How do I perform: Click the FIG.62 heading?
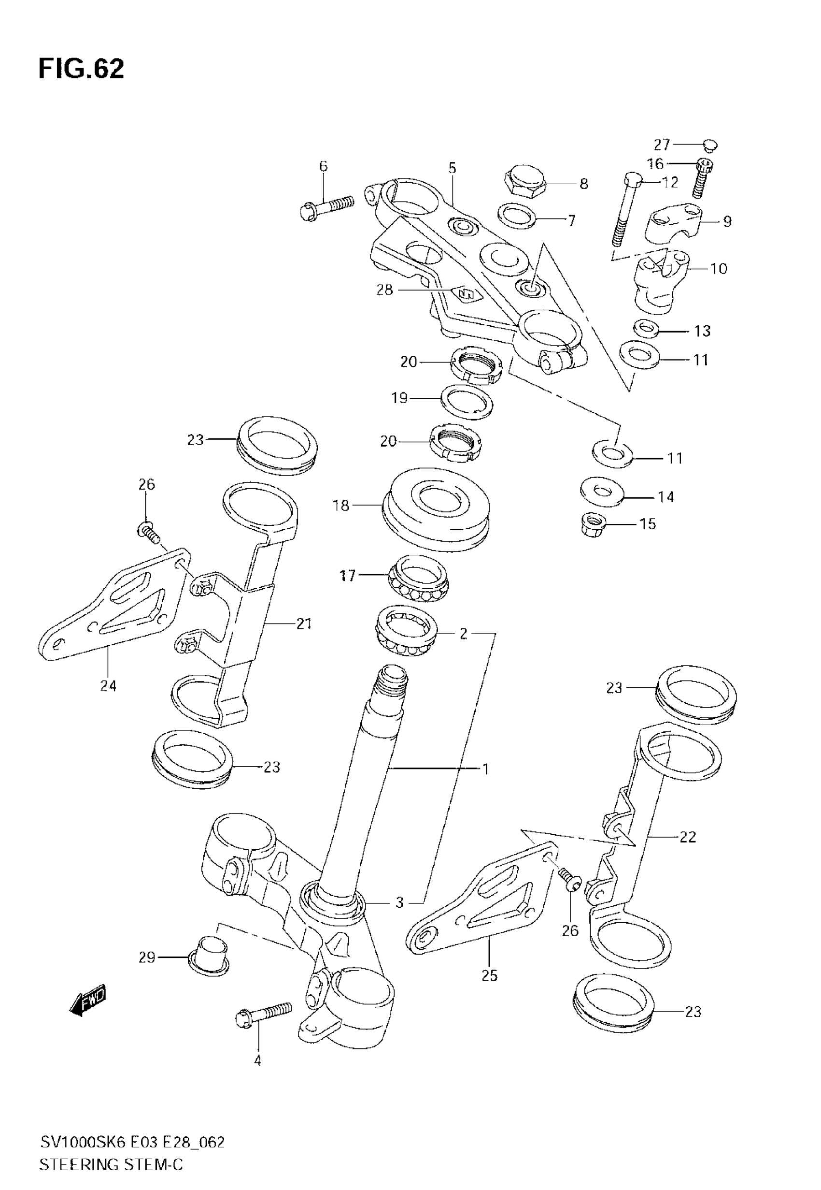pos(81,69)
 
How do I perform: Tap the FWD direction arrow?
pos(88,1000)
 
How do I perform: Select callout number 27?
pos(662,145)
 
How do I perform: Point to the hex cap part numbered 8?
pos(524,180)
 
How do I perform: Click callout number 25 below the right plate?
pos(489,975)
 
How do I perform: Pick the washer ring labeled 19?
pos(467,400)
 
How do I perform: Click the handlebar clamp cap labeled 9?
pos(674,221)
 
